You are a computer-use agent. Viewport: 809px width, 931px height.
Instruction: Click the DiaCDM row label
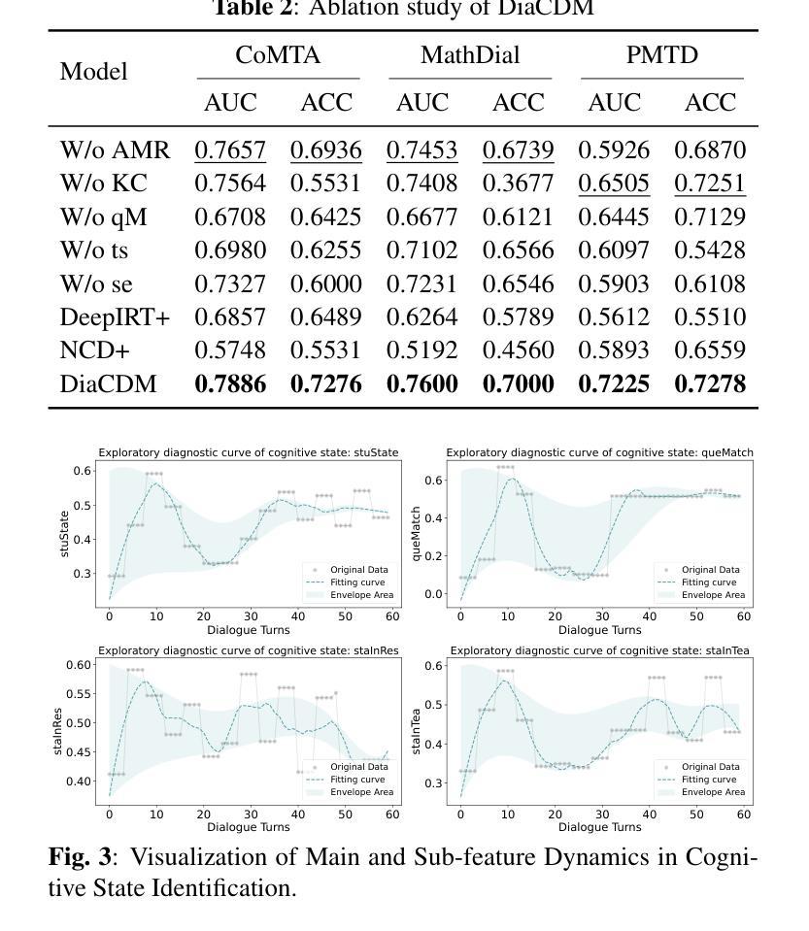[108, 384]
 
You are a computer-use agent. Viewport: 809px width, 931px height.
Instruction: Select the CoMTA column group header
[278, 55]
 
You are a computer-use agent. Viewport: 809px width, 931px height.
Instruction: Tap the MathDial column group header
[470, 55]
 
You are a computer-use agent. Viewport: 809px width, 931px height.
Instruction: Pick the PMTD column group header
[662, 55]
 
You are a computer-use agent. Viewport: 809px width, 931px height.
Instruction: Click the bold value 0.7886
[230, 384]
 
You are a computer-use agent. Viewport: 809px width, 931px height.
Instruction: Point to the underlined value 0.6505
[614, 183]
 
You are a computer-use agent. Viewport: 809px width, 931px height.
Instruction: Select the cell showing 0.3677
[519, 183]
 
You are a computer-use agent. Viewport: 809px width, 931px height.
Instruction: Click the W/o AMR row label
[115, 150]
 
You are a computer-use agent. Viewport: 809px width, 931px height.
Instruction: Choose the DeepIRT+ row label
[115, 317]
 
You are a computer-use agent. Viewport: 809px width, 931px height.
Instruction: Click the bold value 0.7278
[710, 384]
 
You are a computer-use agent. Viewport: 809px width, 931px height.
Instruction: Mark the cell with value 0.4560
[519, 350]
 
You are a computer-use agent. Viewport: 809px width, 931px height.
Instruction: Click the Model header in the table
[93, 72]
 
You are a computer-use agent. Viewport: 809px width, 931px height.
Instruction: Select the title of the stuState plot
[248, 452]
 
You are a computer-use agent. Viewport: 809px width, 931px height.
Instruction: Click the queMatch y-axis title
[418, 534]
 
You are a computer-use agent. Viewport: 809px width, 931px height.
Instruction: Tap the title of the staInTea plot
[599, 650]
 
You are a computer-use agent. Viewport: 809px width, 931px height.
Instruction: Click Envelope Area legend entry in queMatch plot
[713, 595]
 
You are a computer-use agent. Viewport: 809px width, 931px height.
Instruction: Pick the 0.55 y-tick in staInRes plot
[79, 694]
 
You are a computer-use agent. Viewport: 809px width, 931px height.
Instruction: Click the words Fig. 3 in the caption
[80, 857]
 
